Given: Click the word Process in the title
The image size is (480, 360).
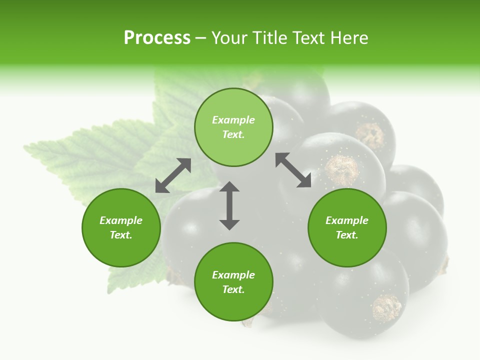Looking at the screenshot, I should pyautogui.click(x=157, y=38).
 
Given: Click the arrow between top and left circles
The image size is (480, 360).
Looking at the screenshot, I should pyautogui.click(x=173, y=175).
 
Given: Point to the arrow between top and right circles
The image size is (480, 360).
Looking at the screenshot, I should pyautogui.click(x=293, y=170).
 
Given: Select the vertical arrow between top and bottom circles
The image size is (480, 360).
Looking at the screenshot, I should pyautogui.click(x=229, y=205).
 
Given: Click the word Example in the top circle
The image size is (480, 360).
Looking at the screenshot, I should pyautogui.click(x=233, y=120).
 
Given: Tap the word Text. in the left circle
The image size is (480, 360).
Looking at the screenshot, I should pyautogui.click(x=121, y=235).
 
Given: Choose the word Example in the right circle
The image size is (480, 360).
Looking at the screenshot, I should pyautogui.click(x=347, y=220).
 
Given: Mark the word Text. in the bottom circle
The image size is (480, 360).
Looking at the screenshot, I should pyautogui.click(x=233, y=289).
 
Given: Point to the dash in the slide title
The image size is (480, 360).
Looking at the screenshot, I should pyautogui.click(x=200, y=38).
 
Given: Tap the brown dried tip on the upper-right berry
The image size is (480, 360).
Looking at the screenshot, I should pyautogui.click(x=370, y=135).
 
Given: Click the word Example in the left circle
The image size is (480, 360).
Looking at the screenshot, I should pyautogui.click(x=121, y=220).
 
